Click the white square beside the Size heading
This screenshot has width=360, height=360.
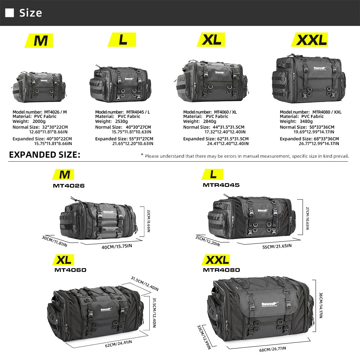tap(10, 13)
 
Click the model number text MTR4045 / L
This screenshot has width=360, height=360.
tap(138, 112)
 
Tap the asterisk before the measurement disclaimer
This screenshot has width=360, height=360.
tap(142, 156)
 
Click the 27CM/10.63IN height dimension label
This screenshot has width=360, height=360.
tap(306, 215)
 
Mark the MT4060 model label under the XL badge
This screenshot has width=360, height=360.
tap(71, 270)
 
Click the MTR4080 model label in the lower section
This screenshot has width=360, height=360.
tap(221, 270)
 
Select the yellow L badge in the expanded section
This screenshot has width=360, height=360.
tap(214, 175)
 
